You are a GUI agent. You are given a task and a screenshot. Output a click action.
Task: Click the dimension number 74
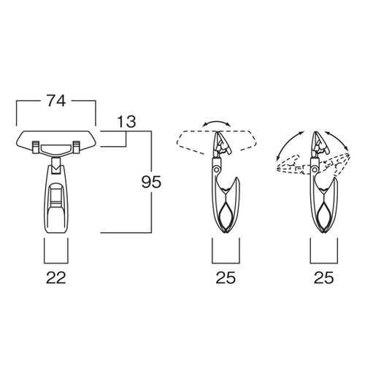(56, 101)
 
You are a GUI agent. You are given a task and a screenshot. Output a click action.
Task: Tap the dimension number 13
(126, 122)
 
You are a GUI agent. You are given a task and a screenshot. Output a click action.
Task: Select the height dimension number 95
(151, 182)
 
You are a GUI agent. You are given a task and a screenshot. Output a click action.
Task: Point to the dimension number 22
(56, 277)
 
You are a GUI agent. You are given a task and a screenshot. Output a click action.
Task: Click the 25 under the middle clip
(226, 277)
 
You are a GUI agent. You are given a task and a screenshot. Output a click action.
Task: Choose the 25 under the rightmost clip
(323, 277)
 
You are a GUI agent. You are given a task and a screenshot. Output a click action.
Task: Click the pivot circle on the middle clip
(216, 169)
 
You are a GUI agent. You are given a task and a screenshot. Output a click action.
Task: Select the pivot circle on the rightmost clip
(315, 169)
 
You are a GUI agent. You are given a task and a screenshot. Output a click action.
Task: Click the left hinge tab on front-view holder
(36, 147)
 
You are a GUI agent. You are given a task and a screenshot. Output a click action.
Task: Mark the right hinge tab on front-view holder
(76, 147)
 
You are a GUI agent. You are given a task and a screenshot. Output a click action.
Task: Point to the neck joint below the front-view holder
(56, 166)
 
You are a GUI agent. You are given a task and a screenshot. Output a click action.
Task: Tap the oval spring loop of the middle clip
(226, 215)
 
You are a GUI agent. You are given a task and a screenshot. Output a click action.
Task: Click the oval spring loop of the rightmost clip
(323, 215)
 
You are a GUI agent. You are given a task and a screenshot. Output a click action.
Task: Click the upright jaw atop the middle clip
(221, 144)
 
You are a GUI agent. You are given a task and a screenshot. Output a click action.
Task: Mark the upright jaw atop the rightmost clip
(320, 144)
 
